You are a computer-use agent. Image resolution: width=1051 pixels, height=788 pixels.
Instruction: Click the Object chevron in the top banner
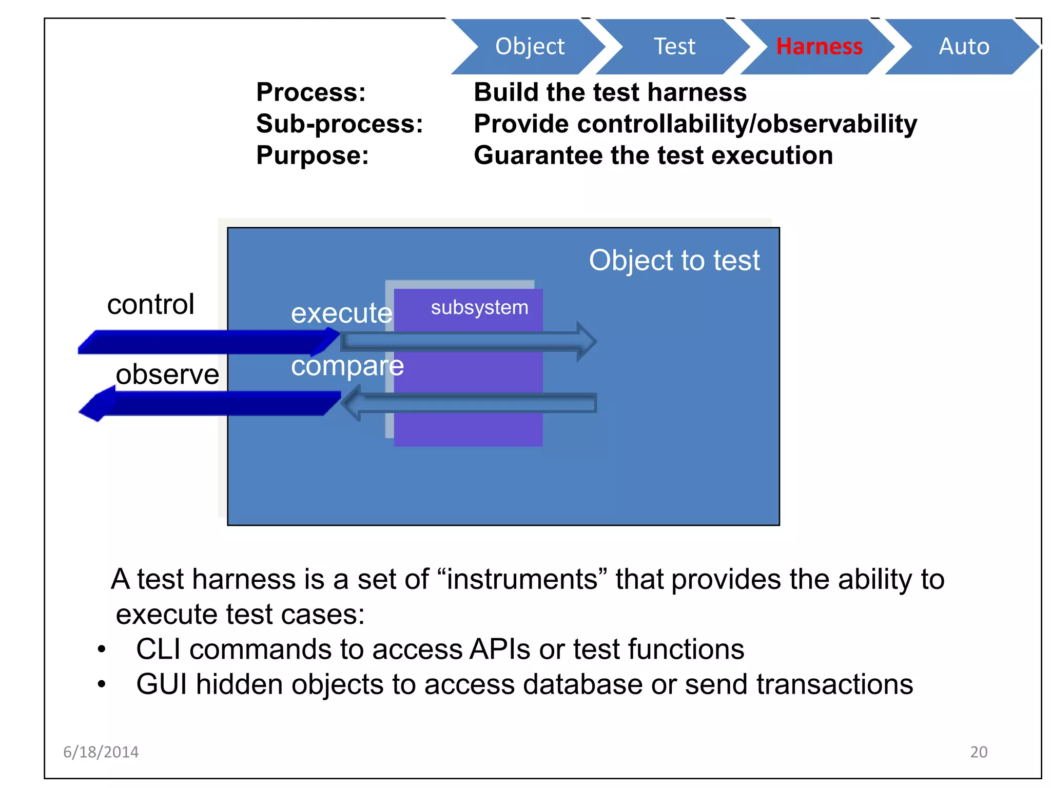pyautogui.click(x=530, y=47)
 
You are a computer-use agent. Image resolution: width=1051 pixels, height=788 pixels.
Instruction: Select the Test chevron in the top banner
pyautogui.click(x=674, y=47)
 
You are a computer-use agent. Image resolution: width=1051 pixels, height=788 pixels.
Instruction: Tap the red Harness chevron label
pyautogui.click(x=819, y=47)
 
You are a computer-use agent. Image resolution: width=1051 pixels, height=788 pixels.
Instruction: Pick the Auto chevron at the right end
pyautogui.click(x=964, y=47)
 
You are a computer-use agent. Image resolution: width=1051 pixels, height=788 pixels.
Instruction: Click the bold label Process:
pyautogui.click(x=311, y=93)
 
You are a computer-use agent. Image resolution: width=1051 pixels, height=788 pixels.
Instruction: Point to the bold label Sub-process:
pyautogui.click(x=339, y=124)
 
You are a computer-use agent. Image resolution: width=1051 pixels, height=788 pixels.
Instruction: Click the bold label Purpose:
pyautogui.click(x=312, y=155)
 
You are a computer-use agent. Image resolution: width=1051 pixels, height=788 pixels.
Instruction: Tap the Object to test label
pyautogui.click(x=674, y=260)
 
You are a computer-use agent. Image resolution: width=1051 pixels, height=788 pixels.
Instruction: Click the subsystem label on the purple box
pyautogui.click(x=479, y=308)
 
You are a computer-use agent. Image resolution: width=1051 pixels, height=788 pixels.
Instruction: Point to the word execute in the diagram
pyautogui.click(x=341, y=313)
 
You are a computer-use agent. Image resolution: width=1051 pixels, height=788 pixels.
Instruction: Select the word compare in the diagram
pyautogui.click(x=347, y=366)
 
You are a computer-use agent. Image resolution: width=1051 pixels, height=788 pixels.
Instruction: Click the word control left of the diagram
pyautogui.click(x=150, y=305)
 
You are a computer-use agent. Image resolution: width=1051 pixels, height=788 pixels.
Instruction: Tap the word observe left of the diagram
pyautogui.click(x=167, y=375)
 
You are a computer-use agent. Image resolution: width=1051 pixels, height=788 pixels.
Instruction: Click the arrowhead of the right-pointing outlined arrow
pyautogui.click(x=586, y=342)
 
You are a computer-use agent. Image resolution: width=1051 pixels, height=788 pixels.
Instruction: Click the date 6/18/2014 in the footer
pyautogui.click(x=101, y=752)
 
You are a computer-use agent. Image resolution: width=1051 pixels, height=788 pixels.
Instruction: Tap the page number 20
pyautogui.click(x=978, y=752)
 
